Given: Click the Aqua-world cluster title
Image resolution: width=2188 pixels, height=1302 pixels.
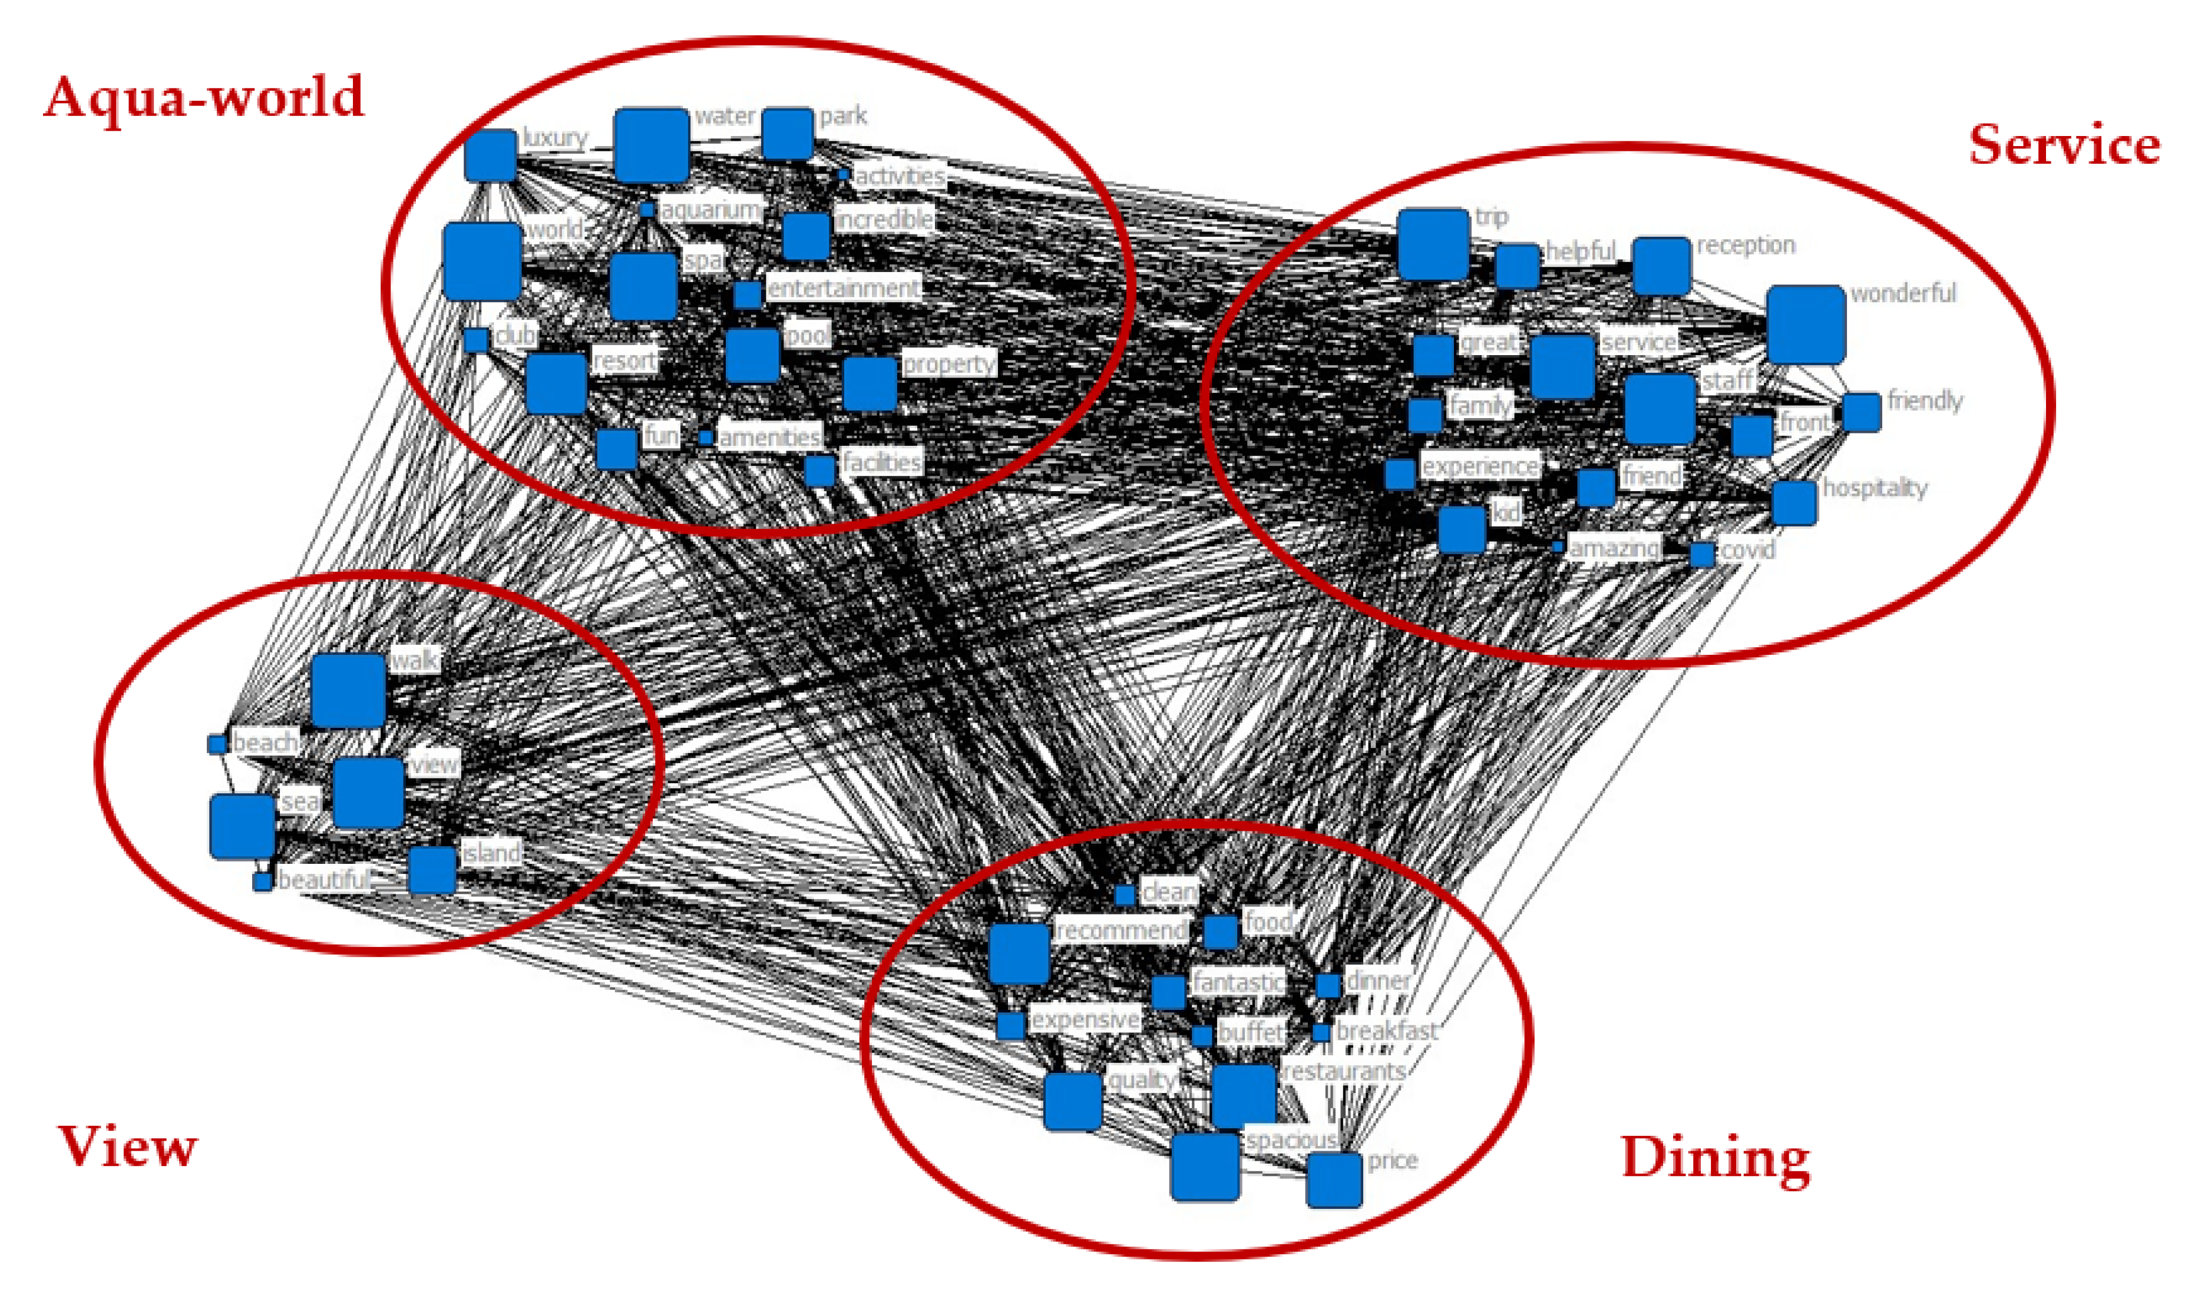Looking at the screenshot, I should click(204, 97).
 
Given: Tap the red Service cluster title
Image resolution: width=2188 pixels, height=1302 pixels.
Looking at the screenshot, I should click(2063, 145).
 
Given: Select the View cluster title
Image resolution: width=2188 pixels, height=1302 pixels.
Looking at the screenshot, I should click(127, 1146).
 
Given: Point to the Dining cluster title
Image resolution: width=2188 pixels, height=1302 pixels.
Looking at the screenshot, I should click(1715, 1158).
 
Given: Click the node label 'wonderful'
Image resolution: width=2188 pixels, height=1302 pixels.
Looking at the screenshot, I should click(1903, 293).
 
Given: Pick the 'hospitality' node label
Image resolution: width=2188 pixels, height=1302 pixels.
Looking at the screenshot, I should click(1875, 488).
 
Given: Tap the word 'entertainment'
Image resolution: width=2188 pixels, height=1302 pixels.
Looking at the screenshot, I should click(844, 288).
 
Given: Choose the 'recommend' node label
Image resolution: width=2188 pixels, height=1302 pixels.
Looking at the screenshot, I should click(1121, 930).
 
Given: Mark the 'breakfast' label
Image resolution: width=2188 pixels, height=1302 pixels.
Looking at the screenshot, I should click(1387, 1031).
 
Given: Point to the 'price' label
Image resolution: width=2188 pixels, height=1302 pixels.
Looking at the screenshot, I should click(1392, 1161).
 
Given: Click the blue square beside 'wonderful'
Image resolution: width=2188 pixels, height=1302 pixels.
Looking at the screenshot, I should click(1805, 324).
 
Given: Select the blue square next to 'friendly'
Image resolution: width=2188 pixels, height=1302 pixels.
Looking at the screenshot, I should click(1860, 412).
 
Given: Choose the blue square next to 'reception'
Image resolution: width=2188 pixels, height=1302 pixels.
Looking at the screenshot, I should click(1661, 266).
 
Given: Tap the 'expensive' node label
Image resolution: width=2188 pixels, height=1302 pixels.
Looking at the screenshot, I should click(1085, 1019).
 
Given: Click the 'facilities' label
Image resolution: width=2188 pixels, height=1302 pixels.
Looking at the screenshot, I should click(881, 462).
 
